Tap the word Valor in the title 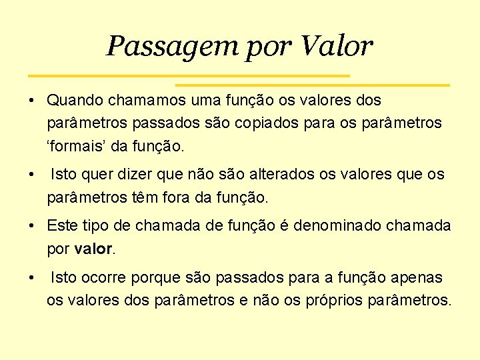click(337, 46)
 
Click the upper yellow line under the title click(189, 75)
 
